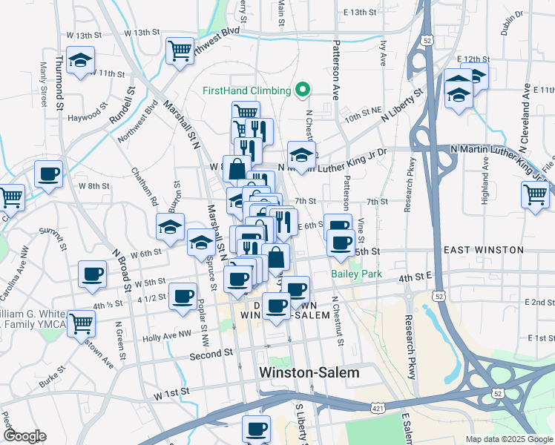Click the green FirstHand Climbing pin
pyautogui.click(x=302, y=90)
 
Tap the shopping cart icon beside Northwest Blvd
pyautogui.click(x=180, y=51)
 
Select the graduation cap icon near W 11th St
pyautogui.click(x=80, y=60)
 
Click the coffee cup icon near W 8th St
pyautogui.click(x=49, y=174)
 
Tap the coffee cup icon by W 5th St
pyautogui.click(x=93, y=274)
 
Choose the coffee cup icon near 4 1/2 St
pyautogui.click(x=183, y=296)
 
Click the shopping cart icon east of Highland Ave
pyautogui.click(x=536, y=195)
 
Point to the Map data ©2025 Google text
pyautogui.click(x=508, y=439)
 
